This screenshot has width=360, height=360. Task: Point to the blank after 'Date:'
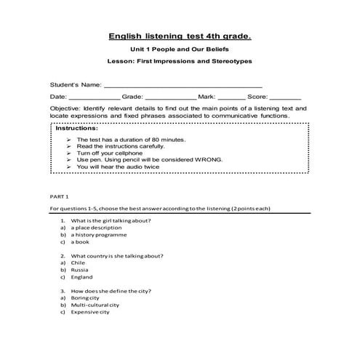coord(95,97)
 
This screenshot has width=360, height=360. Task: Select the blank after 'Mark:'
coord(231,97)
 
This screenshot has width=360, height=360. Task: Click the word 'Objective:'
coord(65,107)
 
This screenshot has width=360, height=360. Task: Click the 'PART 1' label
coord(59,196)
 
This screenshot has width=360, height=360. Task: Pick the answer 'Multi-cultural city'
coord(95,305)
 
